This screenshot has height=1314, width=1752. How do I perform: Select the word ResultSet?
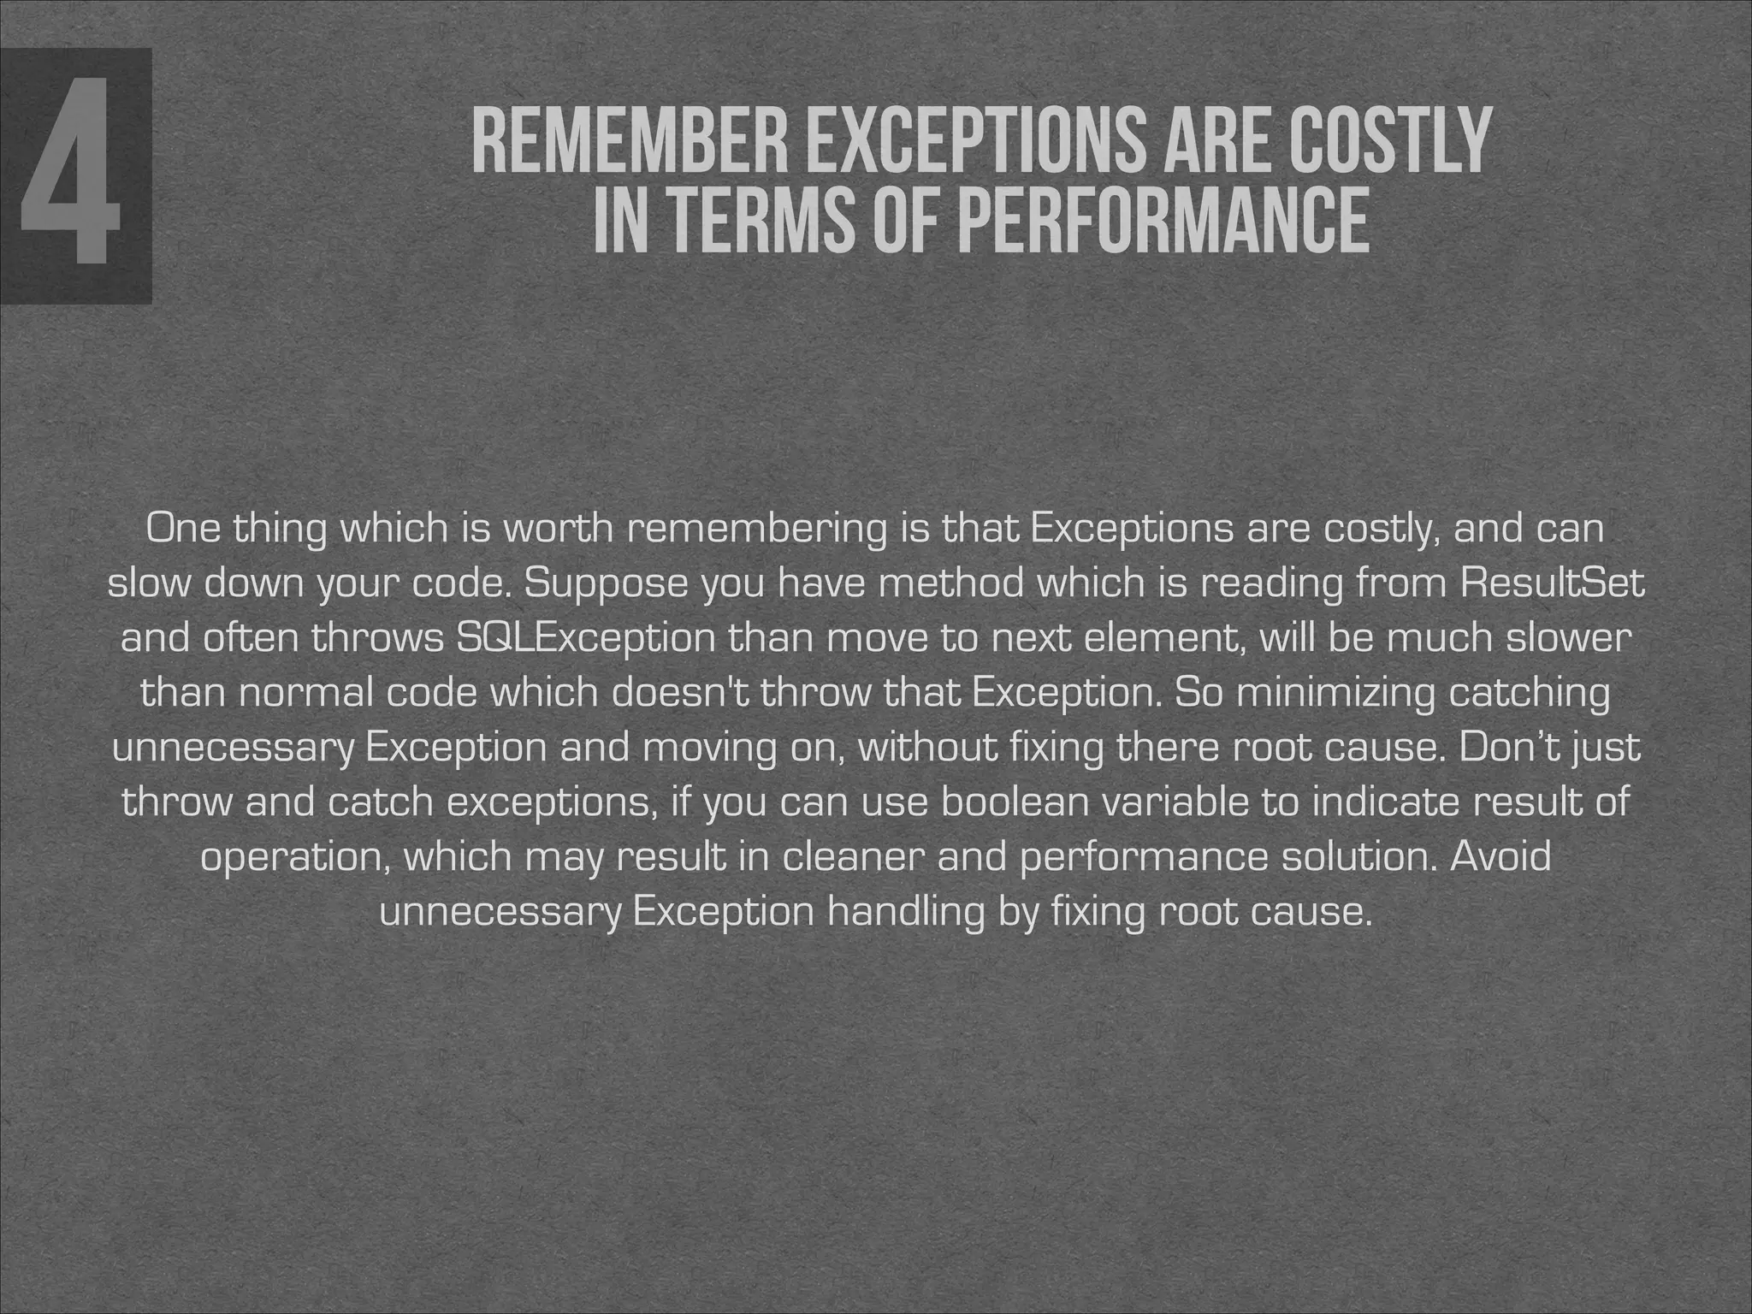click(1553, 583)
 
